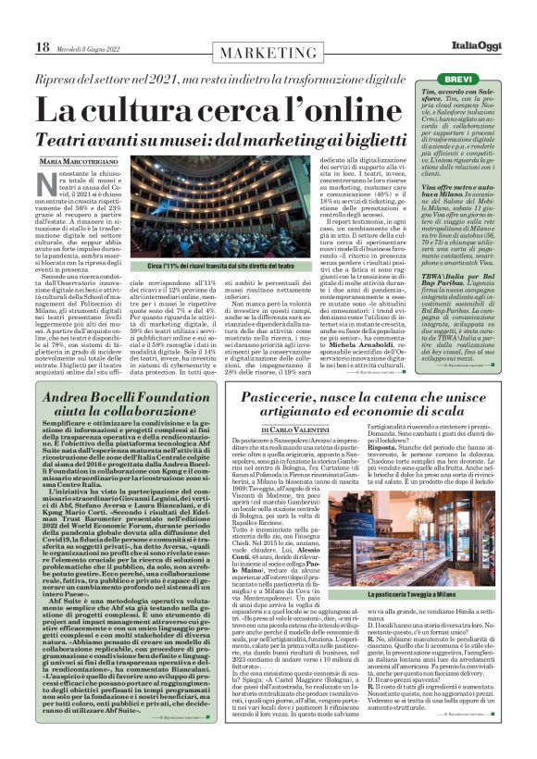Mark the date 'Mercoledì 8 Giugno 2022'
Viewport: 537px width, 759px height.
pyautogui.click(x=92, y=48)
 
